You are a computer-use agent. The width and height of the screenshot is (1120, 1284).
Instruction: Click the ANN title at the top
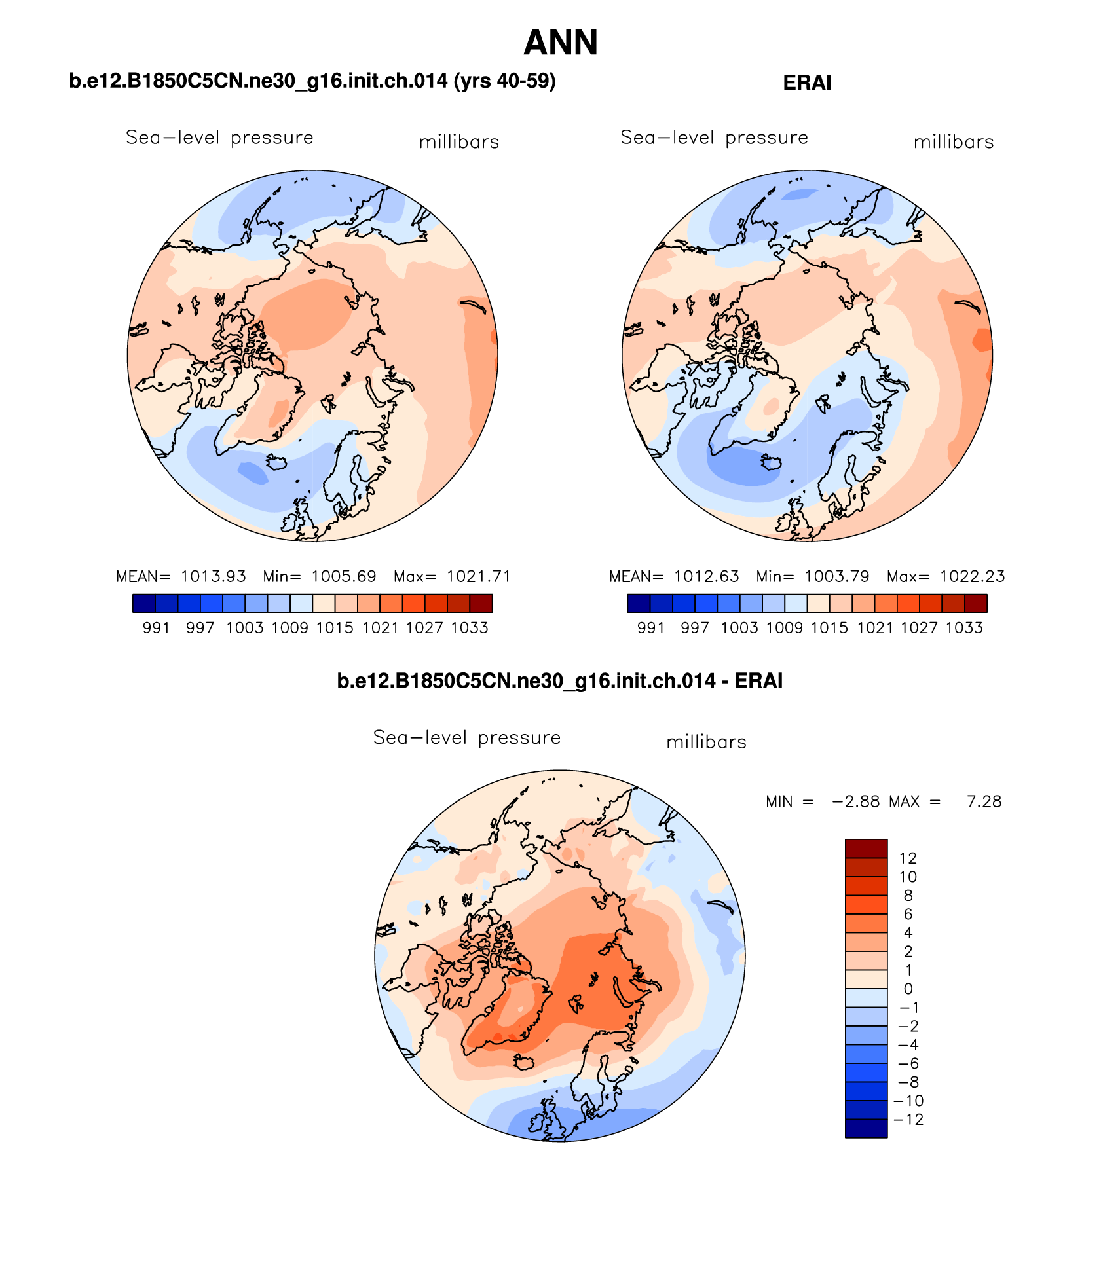pyautogui.click(x=561, y=43)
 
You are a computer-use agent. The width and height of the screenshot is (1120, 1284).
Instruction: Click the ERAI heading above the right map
pyautogui.click(x=807, y=83)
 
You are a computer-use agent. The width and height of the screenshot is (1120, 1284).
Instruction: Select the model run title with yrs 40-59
pyautogui.click(x=312, y=81)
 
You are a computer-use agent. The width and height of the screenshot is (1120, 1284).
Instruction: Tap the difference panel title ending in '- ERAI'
pyautogui.click(x=560, y=681)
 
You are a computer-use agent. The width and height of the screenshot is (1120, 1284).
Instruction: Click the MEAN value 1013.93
pyautogui.click(x=214, y=576)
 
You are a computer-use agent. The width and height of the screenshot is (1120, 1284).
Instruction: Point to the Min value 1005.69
pyautogui.click(x=344, y=576)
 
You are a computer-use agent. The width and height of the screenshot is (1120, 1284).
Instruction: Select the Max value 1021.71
pyautogui.click(x=478, y=576)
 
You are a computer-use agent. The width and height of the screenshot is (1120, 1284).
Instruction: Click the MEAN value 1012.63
pyautogui.click(x=707, y=576)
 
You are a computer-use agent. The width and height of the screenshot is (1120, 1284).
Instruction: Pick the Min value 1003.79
pyautogui.click(x=837, y=576)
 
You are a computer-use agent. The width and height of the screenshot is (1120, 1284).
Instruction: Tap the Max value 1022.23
pyautogui.click(x=972, y=576)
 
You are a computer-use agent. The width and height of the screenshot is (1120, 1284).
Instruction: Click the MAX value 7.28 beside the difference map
pyautogui.click(x=984, y=801)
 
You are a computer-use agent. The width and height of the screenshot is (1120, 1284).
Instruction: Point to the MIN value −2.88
pyautogui.click(x=855, y=801)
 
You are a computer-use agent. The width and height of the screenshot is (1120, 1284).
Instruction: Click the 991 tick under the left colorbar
pyautogui.click(x=156, y=628)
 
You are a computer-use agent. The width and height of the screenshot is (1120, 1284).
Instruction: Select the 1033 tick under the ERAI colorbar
pyautogui.click(x=964, y=628)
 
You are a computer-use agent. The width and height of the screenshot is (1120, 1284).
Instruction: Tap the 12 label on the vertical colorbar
pyautogui.click(x=908, y=858)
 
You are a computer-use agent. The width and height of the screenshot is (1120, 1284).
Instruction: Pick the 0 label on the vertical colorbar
pyautogui.click(x=908, y=989)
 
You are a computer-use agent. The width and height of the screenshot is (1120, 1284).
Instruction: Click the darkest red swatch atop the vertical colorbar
pyautogui.click(x=866, y=849)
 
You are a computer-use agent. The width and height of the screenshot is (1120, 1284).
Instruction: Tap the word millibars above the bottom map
pyautogui.click(x=706, y=743)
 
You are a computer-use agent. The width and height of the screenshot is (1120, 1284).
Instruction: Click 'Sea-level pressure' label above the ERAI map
pyautogui.click(x=714, y=138)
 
